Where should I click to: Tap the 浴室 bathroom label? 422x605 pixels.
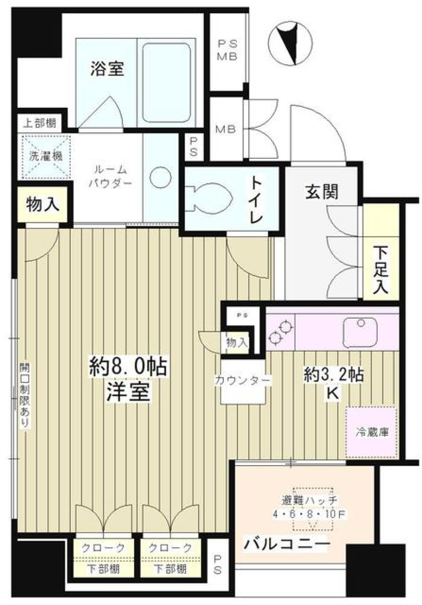tap(107, 69)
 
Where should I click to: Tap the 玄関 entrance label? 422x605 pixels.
tap(321, 192)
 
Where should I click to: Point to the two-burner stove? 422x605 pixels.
tap(280, 332)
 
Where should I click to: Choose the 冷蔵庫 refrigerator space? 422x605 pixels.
tap(372, 432)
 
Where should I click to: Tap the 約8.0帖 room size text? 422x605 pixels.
tap(128, 367)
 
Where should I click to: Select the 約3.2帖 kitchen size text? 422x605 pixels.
tap(334, 375)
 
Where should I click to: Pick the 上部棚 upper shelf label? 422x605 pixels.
tap(40, 123)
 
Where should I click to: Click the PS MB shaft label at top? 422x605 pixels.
tap(228, 50)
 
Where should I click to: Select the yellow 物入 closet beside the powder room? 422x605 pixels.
tap(42, 204)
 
